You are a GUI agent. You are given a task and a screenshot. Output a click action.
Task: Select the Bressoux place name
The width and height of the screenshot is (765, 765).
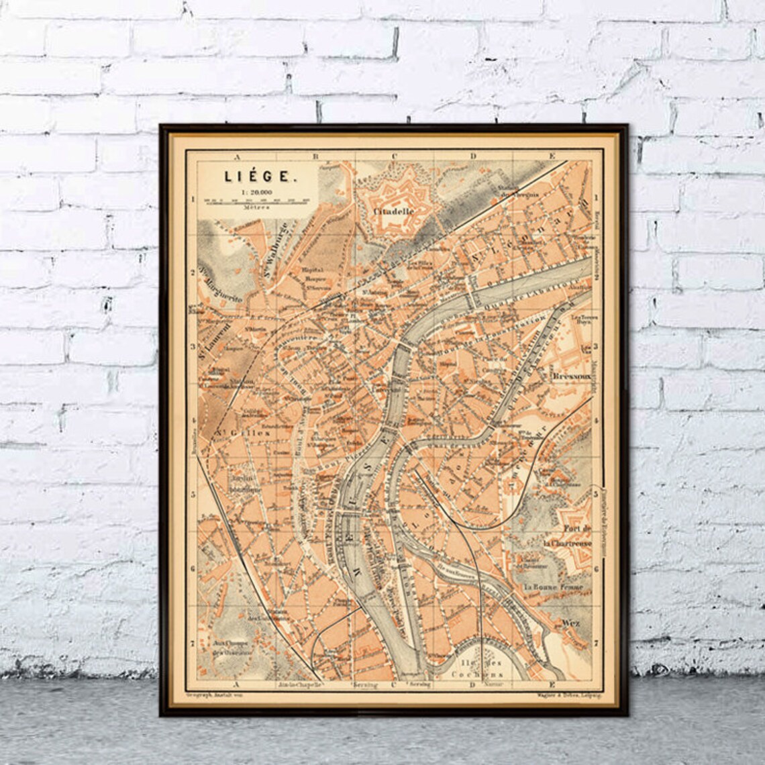[x=570, y=378]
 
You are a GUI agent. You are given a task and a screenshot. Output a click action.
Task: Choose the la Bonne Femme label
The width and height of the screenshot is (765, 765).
[x=554, y=587]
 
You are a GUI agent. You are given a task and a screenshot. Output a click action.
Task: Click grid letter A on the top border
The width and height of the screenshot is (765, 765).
[x=236, y=156]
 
